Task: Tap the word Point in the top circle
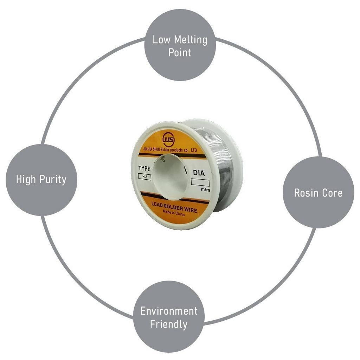(180, 53)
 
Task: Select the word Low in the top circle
(161, 40)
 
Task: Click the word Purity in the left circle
(53, 180)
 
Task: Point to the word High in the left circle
(26, 180)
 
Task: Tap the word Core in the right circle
(332, 193)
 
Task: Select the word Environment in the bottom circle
(169, 311)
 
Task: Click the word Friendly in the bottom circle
(169, 324)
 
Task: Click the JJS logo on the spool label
(168, 139)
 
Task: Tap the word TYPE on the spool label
(144, 168)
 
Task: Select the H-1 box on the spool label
(144, 177)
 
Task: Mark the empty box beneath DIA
(200, 182)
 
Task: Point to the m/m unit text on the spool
(205, 189)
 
